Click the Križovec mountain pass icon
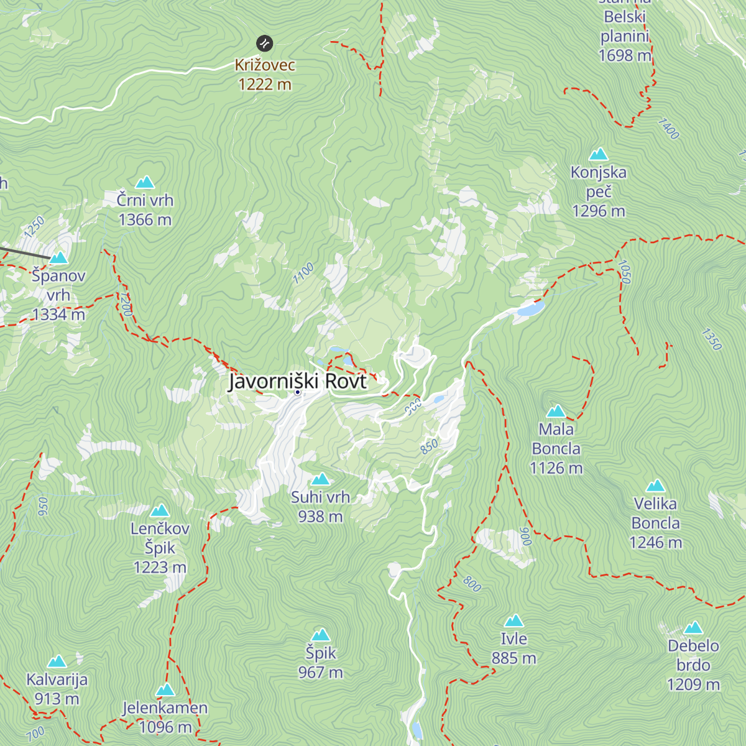pos(265,44)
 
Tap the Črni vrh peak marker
pos(145,182)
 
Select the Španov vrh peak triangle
pos(59,257)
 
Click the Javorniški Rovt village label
pos(298,381)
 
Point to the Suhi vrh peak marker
pos(321,479)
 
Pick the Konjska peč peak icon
pos(599,154)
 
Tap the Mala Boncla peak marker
pos(556,412)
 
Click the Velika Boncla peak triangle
pos(656,486)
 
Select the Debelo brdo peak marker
pos(693,628)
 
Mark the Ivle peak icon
pos(514,621)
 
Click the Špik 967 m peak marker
pos(321,635)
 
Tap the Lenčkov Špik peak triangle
pos(160,511)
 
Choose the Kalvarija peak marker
pos(57,661)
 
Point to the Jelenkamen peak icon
pos(165,690)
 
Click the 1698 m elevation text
pos(625,55)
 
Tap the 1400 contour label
pos(668,129)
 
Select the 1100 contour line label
pos(303,274)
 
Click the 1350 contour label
pos(711,339)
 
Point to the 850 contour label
pos(429,446)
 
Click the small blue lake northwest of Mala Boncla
pos(530,308)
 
